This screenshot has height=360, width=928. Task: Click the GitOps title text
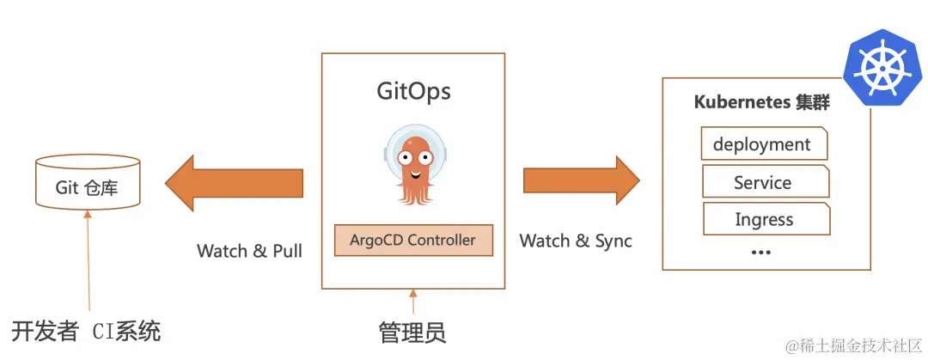(413, 91)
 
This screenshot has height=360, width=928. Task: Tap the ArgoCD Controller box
(413, 241)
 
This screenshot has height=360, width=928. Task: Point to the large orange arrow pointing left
(234, 182)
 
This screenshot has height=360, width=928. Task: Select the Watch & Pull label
(249, 251)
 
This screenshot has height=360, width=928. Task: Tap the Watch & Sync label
(575, 241)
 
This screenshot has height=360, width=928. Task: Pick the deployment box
(763, 144)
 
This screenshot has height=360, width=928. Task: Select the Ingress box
(765, 220)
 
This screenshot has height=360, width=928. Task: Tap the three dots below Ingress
(760, 252)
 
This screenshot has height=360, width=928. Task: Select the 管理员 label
(412, 332)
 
